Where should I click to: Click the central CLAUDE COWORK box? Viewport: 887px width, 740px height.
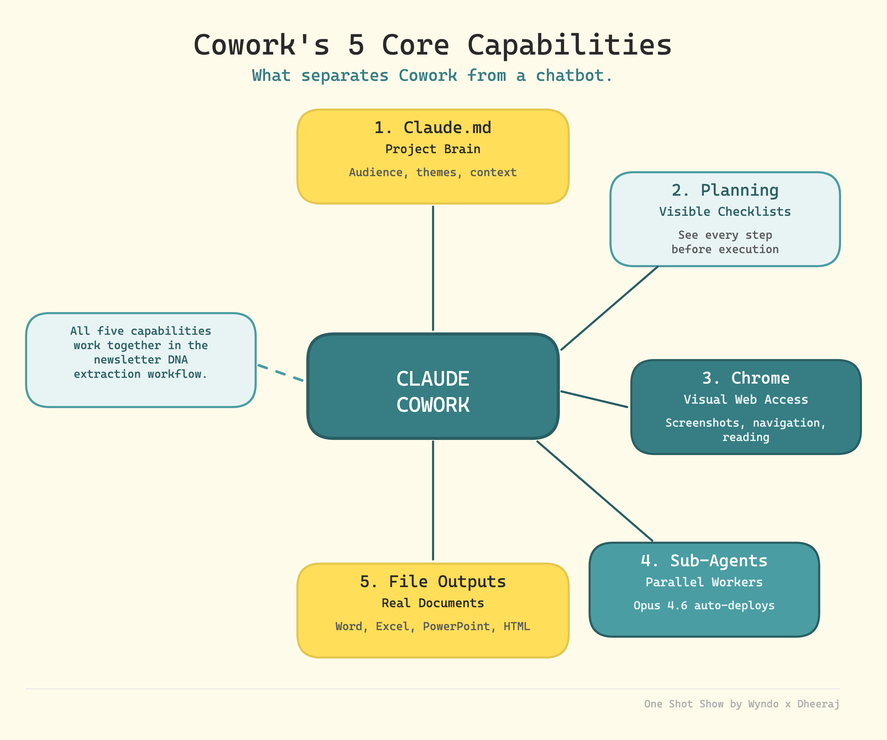[433, 386]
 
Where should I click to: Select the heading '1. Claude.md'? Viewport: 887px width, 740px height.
[433, 128]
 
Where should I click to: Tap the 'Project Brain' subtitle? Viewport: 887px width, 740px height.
[433, 149]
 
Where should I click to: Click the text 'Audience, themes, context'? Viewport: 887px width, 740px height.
[433, 172]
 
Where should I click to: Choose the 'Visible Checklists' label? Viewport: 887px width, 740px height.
[725, 212]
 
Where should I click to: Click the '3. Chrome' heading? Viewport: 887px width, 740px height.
[746, 378]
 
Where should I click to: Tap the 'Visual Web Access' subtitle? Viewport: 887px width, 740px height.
[746, 399]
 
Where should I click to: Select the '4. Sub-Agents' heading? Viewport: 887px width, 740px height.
[704, 561]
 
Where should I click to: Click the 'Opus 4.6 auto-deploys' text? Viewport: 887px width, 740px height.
[704, 606]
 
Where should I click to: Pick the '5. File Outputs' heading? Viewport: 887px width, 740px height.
[433, 582]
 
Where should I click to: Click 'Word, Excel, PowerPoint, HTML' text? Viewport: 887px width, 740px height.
[433, 626]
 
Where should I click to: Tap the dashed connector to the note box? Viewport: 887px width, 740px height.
[280, 373]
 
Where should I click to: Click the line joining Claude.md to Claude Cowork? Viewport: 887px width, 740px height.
[433, 268]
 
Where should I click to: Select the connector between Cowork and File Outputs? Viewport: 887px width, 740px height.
[433, 500]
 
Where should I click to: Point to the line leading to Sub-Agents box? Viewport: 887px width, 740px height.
[595, 491]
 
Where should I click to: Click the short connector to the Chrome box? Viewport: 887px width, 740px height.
[594, 399]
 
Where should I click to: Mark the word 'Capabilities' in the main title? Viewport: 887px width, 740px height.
[569, 45]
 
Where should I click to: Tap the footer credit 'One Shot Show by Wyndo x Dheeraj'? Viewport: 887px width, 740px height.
[742, 704]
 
